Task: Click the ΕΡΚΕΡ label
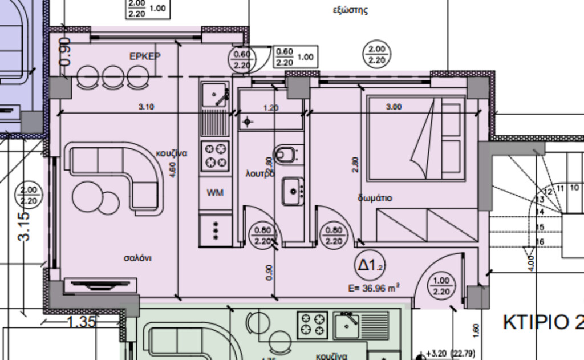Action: [x=145, y=56]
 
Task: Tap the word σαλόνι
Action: [x=138, y=258]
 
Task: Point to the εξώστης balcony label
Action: [x=350, y=10]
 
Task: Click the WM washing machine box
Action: [x=215, y=193]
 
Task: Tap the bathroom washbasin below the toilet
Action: [x=293, y=191]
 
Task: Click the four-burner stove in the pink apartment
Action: [x=215, y=156]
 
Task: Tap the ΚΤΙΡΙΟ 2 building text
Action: [x=542, y=322]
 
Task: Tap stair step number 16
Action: [x=541, y=242]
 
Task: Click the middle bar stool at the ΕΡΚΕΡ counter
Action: [x=110, y=76]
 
